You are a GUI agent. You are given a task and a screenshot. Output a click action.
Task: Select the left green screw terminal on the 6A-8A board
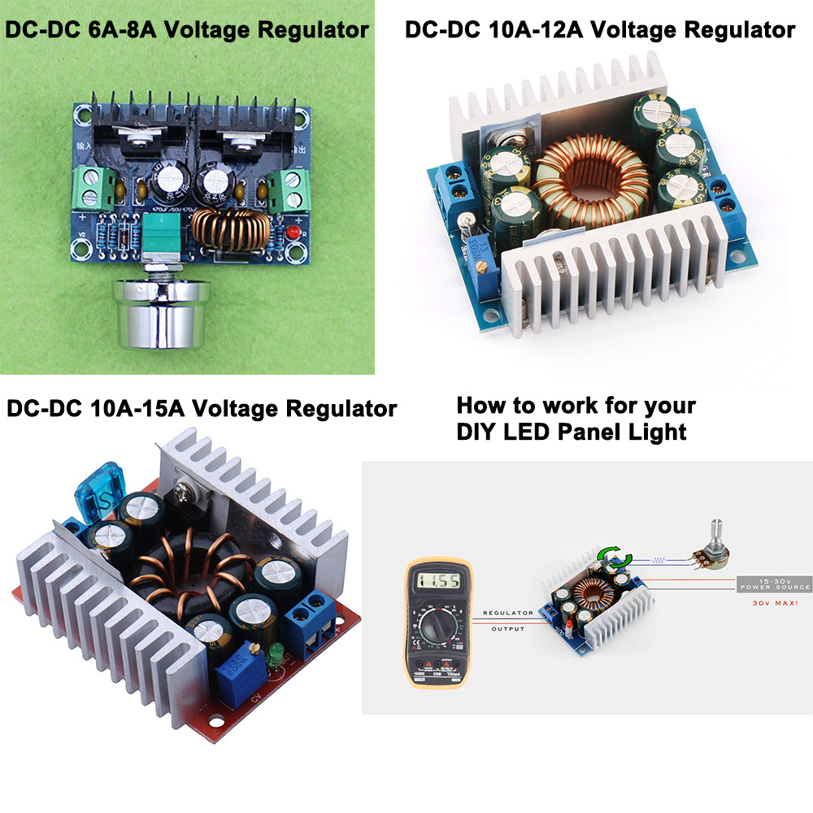(93, 188)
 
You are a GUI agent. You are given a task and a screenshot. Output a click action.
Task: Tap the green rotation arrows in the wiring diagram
(615, 559)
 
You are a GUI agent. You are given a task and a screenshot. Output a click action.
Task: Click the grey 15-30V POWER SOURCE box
(773, 584)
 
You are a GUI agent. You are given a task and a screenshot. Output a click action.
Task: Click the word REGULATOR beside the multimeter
(508, 612)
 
